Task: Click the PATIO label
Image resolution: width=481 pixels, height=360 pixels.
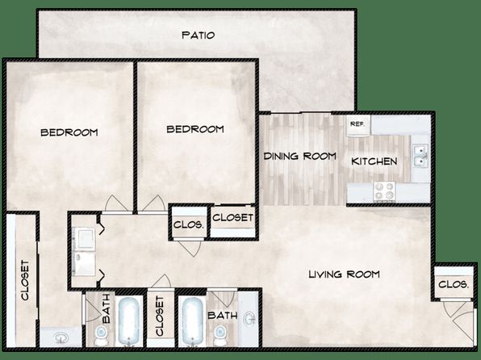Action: coord(199,35)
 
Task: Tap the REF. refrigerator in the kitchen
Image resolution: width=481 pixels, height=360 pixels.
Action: coord(358,126)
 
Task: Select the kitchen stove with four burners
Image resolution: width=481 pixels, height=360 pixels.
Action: coord(384,191)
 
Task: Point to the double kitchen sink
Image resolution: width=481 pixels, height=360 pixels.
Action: coord(420,157)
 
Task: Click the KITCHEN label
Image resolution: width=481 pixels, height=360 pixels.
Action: coord(374,161)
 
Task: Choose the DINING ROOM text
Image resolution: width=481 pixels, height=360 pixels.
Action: coord(299,156)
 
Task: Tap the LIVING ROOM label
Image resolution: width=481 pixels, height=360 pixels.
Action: coord(344,274)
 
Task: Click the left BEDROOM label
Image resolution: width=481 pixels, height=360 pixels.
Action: coord(69,132)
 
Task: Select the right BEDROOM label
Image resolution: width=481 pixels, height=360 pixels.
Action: coord(195,129)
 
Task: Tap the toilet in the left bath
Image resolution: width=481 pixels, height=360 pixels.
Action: coord(100,335)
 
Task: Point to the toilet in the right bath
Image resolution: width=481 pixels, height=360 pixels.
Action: coord(220,335)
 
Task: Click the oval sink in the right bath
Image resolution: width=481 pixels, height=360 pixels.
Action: coord(250,319)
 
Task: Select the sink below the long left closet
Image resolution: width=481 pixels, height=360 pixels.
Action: coord(61,338)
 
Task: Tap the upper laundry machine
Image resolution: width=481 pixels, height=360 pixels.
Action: coord(84,239)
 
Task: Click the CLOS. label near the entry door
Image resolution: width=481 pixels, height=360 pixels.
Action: coord(454,284)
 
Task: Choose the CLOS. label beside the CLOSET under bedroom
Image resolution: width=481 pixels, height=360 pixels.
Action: coord(188,225)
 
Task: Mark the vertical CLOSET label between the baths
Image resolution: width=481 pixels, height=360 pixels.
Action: coord(160,316)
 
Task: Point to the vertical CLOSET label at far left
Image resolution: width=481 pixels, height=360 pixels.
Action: coord(25,280)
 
